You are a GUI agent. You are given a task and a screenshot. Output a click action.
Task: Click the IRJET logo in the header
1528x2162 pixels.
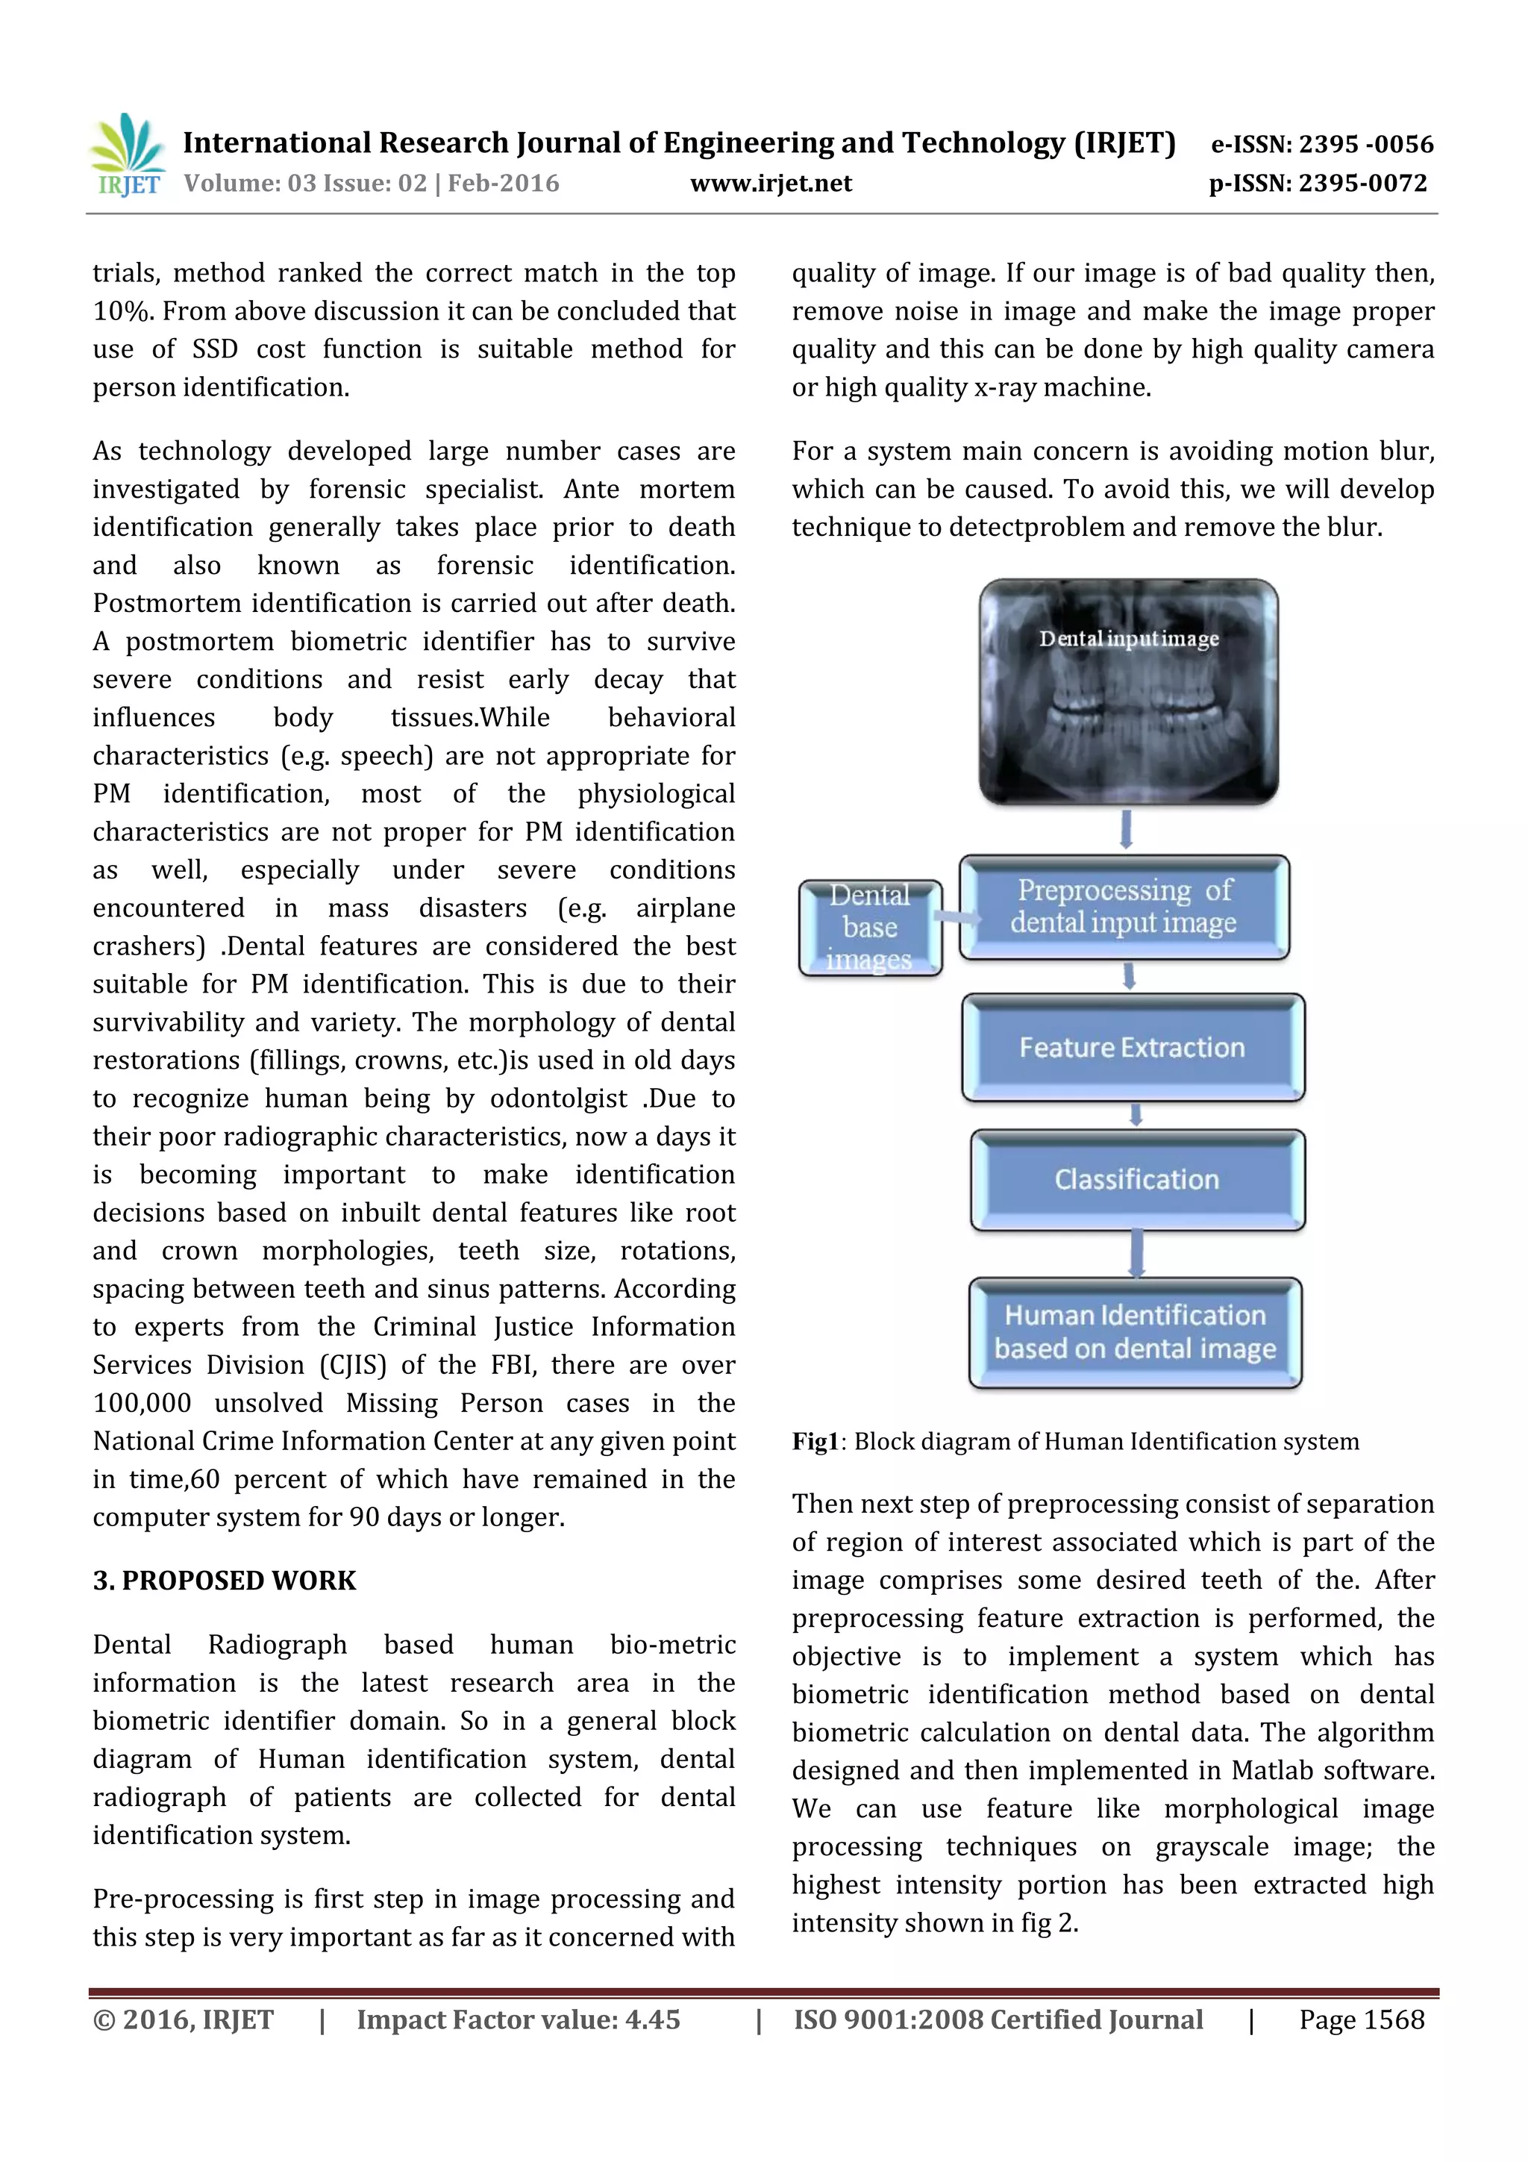(127, 155)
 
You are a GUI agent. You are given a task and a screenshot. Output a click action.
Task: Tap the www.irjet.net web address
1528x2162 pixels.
(770, 184)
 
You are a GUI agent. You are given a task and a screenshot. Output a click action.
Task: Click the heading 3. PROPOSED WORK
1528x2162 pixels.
(224, 1581)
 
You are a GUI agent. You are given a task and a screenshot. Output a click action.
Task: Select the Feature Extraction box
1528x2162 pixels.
(1133, 1047)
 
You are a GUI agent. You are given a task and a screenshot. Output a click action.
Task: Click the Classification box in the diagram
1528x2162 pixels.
(1136, 1180)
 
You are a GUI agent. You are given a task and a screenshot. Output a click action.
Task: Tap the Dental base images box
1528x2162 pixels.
(869, 928)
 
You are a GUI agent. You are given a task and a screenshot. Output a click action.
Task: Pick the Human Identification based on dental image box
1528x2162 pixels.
(1135, 1332)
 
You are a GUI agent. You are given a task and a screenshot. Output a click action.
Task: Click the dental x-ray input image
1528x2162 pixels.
(1128, 692)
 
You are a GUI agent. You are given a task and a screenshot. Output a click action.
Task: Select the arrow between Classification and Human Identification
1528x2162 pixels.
(1136, 1253)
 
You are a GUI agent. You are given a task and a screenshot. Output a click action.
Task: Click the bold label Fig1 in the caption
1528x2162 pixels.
(815, 1442)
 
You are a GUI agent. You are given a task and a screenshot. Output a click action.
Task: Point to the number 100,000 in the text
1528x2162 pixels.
(141, 1403)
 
